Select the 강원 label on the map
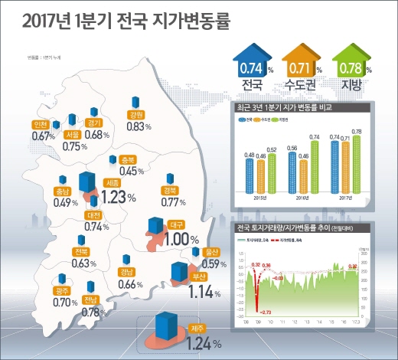(x=135, y=115)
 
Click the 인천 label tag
(x=41, y=124)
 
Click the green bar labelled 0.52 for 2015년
(x=272, y=172)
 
